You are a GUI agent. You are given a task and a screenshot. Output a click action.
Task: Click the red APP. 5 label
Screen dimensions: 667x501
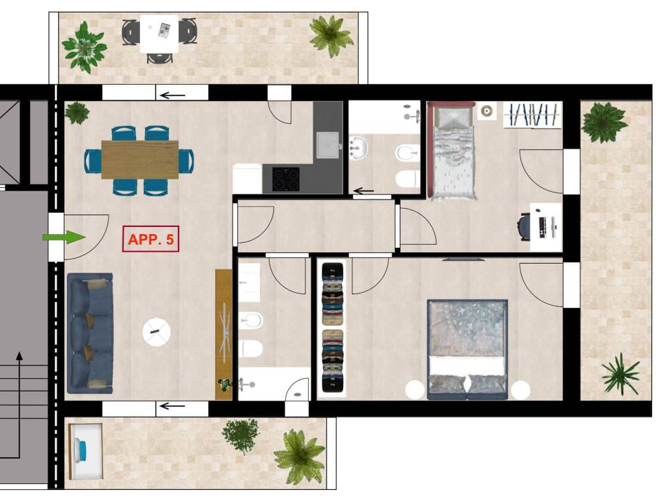(150, 239)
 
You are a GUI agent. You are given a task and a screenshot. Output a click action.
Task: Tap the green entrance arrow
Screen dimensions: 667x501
(64, 237)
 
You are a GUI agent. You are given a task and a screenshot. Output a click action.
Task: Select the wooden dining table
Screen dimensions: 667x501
(140, 160)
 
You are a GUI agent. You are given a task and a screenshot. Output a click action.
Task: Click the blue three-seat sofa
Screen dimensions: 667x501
(90, 333)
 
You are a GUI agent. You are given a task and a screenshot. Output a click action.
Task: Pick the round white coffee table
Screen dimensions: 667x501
(156, 332)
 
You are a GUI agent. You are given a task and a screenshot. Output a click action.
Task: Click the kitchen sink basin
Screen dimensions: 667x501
(327, 145)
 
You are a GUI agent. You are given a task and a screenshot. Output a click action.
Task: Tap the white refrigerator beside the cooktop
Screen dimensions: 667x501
(247, 179)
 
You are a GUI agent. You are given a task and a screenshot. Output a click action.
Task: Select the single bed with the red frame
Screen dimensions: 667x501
(452, 151)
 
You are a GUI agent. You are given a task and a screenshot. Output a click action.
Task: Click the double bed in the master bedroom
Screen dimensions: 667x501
(468, 350)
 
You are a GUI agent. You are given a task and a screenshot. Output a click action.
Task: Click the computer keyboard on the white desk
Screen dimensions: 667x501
(543, 227)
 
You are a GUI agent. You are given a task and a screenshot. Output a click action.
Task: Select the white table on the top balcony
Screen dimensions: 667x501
(159, 34)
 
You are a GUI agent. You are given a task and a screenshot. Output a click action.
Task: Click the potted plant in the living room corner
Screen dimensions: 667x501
(77, 113)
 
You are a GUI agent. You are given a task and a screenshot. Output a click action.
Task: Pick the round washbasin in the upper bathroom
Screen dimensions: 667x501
(358, 148)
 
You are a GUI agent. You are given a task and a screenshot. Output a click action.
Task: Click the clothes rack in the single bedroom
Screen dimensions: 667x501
(533, 115)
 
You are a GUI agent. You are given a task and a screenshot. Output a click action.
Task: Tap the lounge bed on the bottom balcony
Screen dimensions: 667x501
(85, 451)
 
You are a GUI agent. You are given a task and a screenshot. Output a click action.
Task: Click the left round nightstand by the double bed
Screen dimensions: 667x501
(415, 389)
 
